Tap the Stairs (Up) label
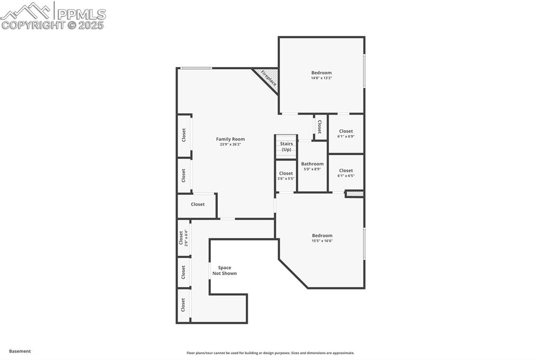tap(286, 146)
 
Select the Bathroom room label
tap(312, 164)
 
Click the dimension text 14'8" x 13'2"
tap(321, 78)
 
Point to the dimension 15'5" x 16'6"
tap(322, 241)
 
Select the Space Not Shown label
tap(225, 270)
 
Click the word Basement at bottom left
tap(20, 351)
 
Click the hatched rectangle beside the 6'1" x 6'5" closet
tap(355, 194)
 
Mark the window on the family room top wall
tap(196, 68)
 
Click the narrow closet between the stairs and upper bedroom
tap(320, 127)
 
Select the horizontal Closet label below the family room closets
tap(198, 204)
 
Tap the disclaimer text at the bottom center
tap(270, 353)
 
